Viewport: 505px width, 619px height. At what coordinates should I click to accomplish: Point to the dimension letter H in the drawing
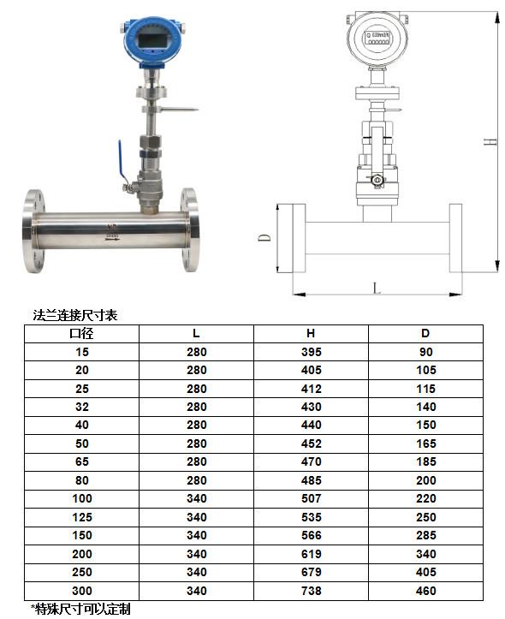pyautogui.click(x=490, y=142)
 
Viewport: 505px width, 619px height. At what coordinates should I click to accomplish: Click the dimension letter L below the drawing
pyautogui.click(x=376, y=288)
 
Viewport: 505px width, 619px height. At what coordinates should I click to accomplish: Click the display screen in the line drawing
pyautogui.click(x=376, y=38)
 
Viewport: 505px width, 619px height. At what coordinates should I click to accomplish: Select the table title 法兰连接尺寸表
pyautogui.click(x=74, y=315)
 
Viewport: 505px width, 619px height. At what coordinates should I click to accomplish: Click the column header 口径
pyautogui.click(x=81, y=333)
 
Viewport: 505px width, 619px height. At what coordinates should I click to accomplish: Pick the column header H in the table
pyautogui.click(x=311, y=333)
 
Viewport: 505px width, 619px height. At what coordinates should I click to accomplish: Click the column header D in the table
pyautogui.click(x=425, y=333)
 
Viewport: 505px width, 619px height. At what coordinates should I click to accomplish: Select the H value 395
pyautogui.click(x=311, y=352)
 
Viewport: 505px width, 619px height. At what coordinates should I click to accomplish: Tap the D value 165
pyautogui.click(x=425, y=443)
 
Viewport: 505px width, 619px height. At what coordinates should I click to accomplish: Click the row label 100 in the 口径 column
pyautogui.click(x=81, y=498)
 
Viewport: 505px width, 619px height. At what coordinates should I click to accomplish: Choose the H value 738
pyautogui.click(x=311, y=590)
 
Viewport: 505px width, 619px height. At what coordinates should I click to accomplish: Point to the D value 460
pyautogui.click(x=425, y=590)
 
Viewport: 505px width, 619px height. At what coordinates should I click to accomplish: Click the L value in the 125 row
pyautogui.click(x=196, y=517)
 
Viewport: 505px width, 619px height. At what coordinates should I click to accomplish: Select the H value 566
pyautogui.click(x=311, y=535)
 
